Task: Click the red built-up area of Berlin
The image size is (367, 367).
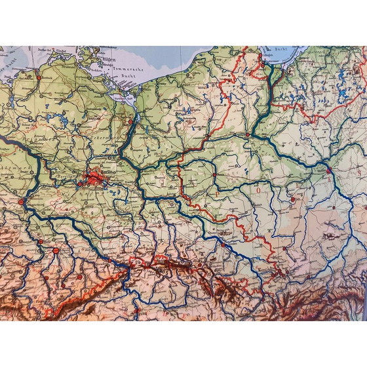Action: [x=92, y=176]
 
